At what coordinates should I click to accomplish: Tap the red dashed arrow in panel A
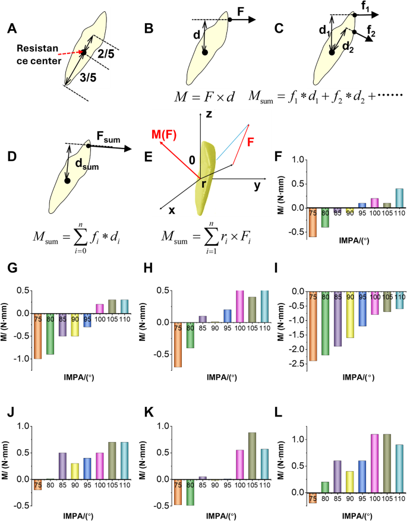coord(68,57)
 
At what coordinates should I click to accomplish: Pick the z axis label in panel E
coord(209,113)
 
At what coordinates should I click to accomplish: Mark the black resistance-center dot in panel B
coord(204,53)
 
